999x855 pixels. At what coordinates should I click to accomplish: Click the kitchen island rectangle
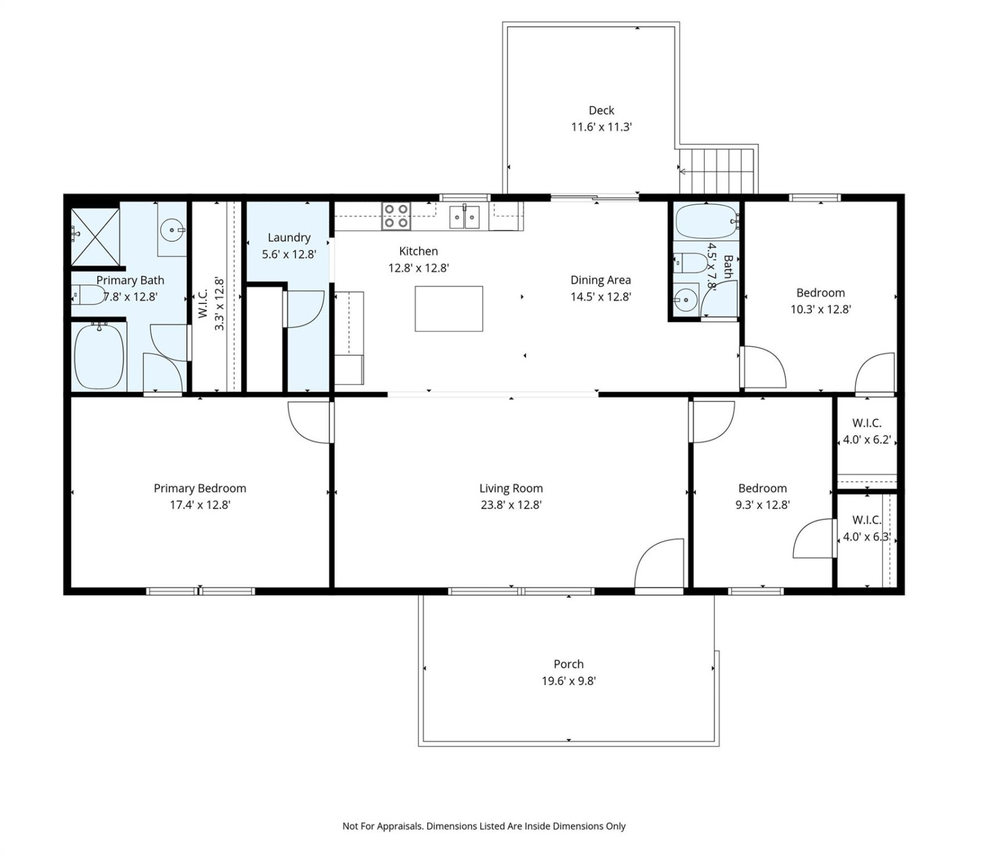(448, 308)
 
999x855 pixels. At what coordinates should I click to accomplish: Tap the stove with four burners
(395, 216)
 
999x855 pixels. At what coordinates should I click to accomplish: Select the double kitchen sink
(464, 217)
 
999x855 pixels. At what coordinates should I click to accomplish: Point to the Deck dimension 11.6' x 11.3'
(601, 127)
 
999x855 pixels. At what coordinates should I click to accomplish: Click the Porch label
(568, 664)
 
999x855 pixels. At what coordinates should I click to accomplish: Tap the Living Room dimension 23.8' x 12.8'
(510, 505)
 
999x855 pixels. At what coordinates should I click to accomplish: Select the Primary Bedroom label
(199, 488)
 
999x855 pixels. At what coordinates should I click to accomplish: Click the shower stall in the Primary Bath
(95, 236)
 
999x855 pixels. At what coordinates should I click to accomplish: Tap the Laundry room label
(288, 237)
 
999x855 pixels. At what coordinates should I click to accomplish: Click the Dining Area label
(600, 280)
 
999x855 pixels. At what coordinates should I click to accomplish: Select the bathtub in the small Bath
(706, 221)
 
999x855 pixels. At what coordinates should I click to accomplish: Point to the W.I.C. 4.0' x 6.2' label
(866, 432)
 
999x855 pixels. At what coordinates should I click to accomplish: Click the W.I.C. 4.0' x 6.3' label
(866, 528)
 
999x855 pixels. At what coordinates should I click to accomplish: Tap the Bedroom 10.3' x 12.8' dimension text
(820, 309)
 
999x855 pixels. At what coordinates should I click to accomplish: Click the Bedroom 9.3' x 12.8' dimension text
(762, 505)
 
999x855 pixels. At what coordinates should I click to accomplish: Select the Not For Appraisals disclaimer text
(483, 826)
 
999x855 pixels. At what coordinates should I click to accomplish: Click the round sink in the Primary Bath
(172, 229)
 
